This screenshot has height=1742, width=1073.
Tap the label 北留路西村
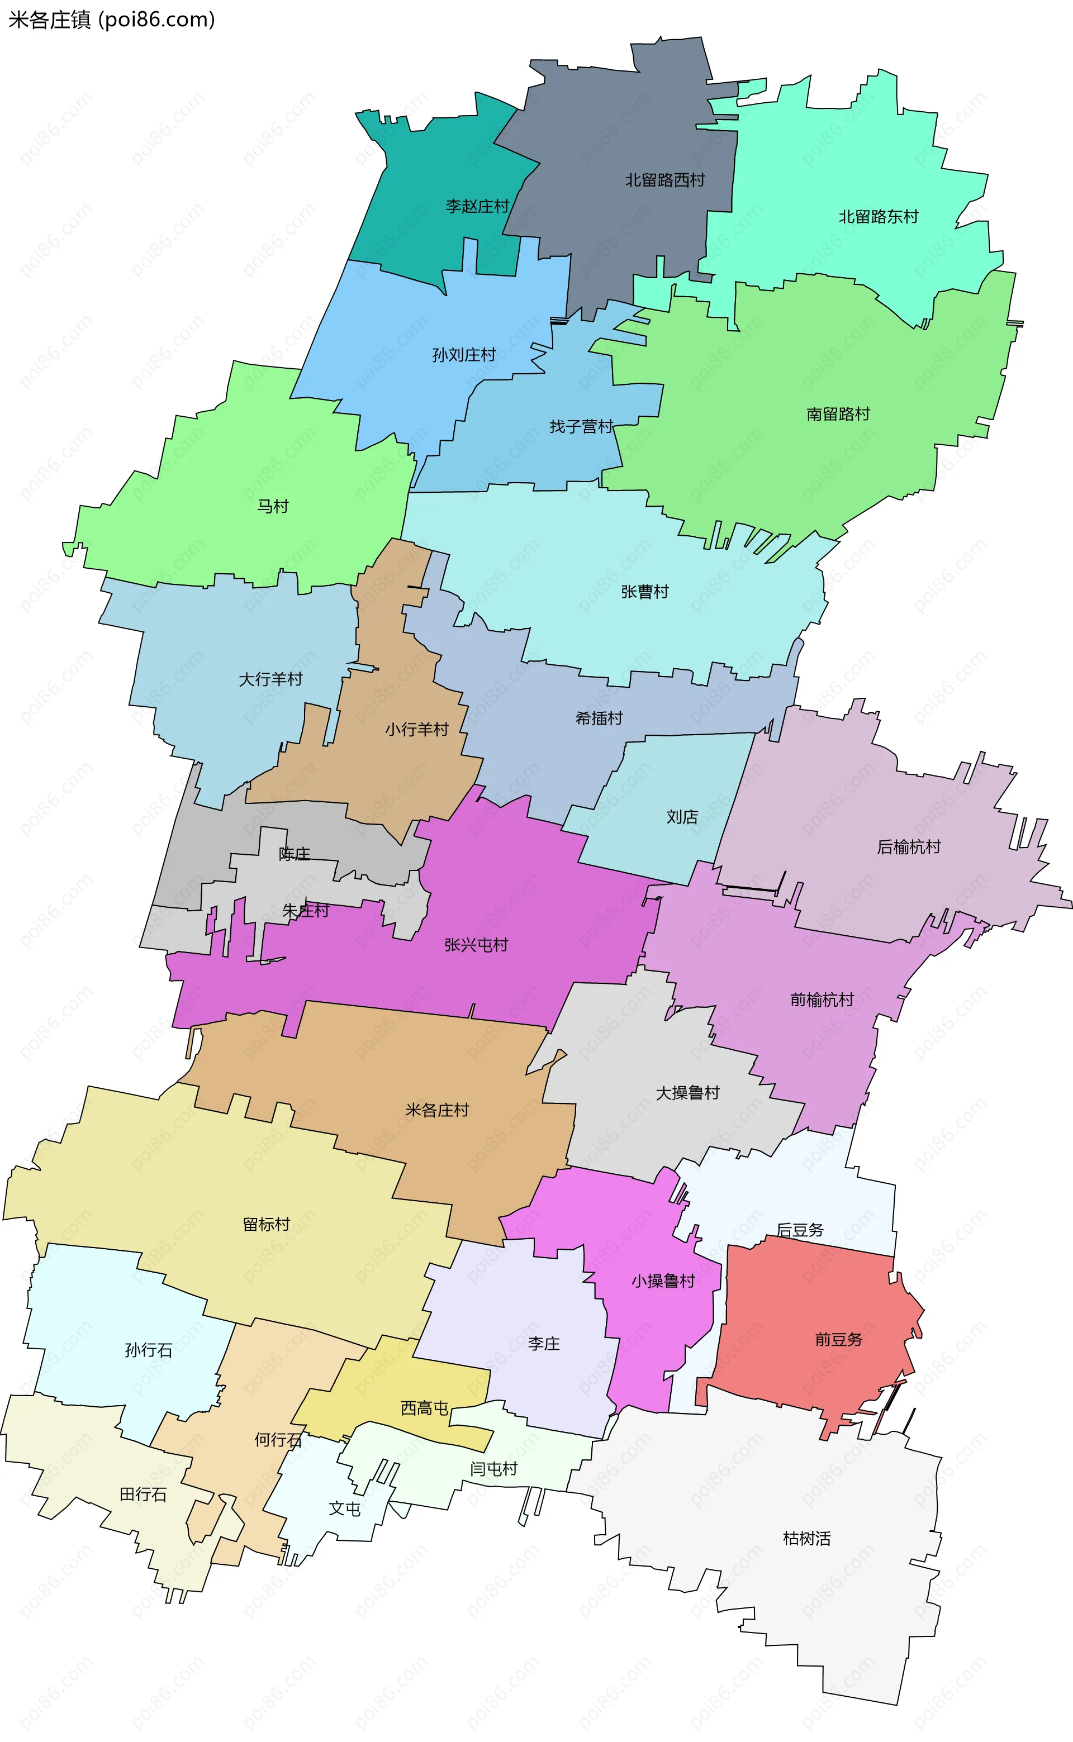pos(665,180)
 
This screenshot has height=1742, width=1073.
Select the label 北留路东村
pos(879,216)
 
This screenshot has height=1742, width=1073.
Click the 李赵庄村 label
pos(477,206)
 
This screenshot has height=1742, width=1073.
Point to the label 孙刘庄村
pos(464,355)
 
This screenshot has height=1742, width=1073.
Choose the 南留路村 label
pos(838,413)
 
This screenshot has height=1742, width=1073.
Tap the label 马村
pos(273,506)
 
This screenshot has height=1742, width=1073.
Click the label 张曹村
pos(644,592)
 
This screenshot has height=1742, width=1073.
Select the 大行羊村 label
pos(270,679)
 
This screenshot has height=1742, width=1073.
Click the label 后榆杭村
pos(908,847)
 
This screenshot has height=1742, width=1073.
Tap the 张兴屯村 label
pos(476,945)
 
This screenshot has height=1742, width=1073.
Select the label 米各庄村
pos(437,1110)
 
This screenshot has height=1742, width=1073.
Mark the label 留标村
pos(266,1224)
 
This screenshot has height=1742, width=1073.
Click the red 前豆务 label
pos(838,1339)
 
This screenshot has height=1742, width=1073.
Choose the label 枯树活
pos(806,1539)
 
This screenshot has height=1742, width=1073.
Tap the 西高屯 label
pos(424,1408)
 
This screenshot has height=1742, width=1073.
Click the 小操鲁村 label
pos(663,1281)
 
